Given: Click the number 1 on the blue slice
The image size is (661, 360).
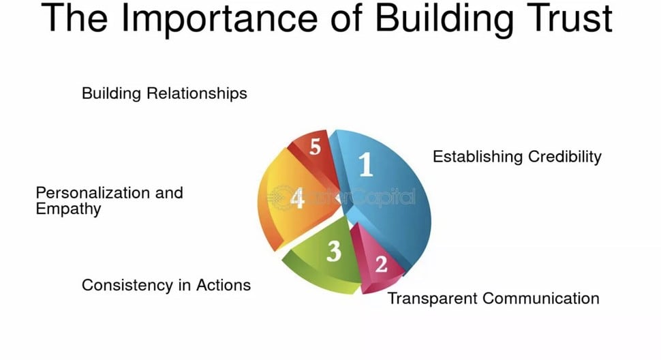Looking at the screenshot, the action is point(366,164).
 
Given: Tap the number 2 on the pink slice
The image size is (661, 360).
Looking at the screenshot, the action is point(381,265).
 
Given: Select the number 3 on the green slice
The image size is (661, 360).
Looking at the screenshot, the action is point(334,251).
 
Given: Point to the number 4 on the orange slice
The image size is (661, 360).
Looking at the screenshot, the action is point(297,198).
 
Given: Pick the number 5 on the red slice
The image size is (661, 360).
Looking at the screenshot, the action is point(315,147).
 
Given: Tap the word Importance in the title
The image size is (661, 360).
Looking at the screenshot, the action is point(219,18).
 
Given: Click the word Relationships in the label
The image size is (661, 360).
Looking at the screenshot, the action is point(197,93).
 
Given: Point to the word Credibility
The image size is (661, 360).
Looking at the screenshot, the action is point(565,156).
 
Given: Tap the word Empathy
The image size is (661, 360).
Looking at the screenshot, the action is point(68,209).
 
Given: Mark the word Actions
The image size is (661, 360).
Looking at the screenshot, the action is point(224,286).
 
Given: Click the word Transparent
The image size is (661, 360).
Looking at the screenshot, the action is point(432,299).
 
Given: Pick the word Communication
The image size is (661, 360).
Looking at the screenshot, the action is point(541,299).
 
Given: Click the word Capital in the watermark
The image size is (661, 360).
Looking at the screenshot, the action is point(384,197).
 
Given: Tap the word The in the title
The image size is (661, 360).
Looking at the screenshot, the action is point(74,18).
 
